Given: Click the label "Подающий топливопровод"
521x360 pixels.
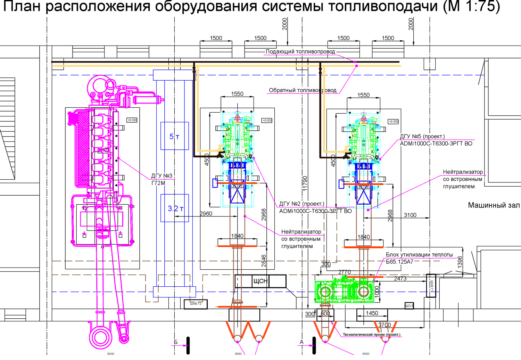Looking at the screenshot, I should (300, 52).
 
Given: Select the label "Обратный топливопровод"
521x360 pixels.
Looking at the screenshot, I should (303, 90).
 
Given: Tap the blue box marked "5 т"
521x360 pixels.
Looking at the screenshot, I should (174, 136).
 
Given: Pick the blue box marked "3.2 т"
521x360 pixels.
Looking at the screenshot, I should (175, 208).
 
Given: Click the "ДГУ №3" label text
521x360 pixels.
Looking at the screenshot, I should (162, 176).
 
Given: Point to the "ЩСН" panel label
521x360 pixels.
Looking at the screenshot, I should (260, 281).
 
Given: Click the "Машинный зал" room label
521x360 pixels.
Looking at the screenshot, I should (494, 205).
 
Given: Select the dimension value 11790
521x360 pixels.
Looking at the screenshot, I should (305, 183).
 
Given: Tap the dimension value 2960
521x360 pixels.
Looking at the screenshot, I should (206, 214).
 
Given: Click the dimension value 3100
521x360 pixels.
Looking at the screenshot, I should (410, 215).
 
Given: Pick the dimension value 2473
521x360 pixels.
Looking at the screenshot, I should (400, 278).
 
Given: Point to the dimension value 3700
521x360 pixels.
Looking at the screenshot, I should (384, 325).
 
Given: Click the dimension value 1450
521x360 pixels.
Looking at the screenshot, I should (372, 313).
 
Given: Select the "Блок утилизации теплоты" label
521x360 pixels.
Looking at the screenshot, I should (419, 255).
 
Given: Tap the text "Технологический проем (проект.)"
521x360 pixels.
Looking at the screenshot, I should (372, 335).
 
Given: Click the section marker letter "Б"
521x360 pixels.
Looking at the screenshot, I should (176, 342).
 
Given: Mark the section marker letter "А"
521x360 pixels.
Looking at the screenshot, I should (301, 342).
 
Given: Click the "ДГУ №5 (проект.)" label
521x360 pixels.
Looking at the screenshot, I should (422, 137).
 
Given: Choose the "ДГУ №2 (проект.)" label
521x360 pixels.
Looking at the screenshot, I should (301, 204).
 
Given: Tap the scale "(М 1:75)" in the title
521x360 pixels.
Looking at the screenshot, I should (471, 6).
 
